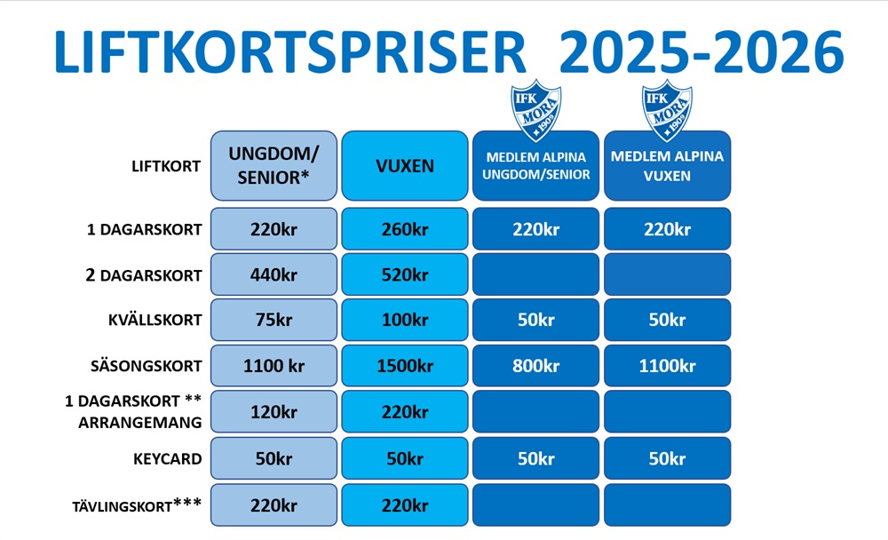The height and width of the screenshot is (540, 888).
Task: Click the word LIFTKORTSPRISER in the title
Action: point(290,52)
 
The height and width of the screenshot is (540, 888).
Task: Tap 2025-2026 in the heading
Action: point(702,52)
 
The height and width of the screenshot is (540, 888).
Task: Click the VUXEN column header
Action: point(405,165)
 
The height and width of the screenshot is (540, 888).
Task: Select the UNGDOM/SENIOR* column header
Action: point(274,165)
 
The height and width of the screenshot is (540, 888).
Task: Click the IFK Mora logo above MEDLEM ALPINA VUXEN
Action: point(667,110)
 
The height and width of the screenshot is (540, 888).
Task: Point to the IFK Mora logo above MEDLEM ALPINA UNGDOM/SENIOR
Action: point(535,110)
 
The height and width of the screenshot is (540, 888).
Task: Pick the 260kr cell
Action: point(405,229)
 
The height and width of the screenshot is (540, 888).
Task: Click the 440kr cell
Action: point(274,274)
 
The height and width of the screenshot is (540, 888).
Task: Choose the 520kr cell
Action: point(405,274)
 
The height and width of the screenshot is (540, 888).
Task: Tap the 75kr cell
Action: point(274,320)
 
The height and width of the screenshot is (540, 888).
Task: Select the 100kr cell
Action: point(405,320)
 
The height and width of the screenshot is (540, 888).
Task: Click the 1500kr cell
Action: point(405,366)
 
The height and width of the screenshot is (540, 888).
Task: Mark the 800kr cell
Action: point(535,366)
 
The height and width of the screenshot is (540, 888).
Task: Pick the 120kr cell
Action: point(274,412)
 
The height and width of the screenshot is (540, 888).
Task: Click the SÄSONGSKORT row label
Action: point(147,366)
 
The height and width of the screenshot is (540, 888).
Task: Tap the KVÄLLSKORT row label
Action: point(155,320)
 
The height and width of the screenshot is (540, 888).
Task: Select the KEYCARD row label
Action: point(168,458)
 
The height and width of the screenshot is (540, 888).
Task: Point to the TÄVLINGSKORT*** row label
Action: point(137,504)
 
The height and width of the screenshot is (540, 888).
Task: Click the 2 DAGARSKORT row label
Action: point(144,275)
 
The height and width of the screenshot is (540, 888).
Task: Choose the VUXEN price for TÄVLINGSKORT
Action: point(405,504)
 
